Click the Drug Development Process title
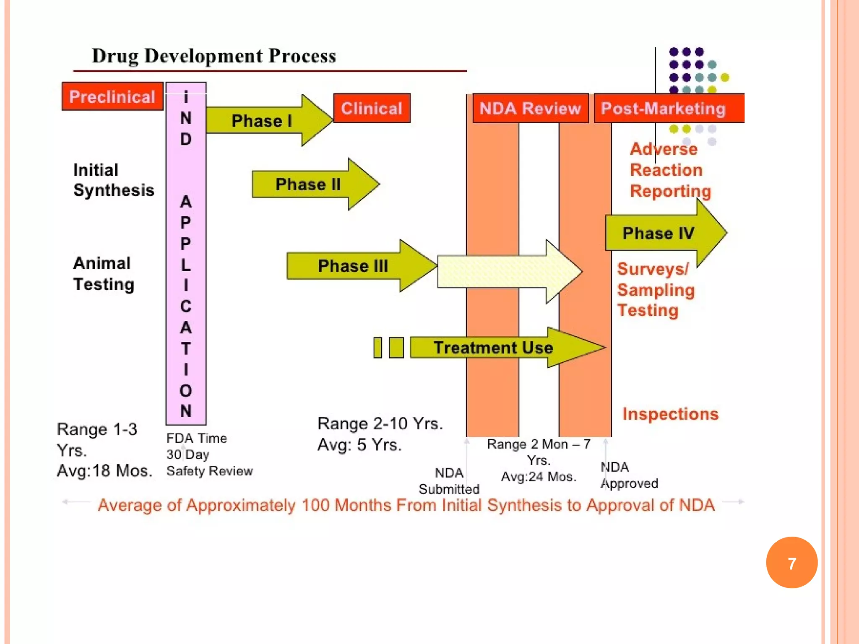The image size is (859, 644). [214, 56]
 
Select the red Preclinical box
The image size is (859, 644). [112, 97]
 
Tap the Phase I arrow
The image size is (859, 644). [262, 121]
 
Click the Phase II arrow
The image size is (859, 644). [308, 184]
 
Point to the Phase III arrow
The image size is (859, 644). [353, 266]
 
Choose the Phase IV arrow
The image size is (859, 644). [659, 233]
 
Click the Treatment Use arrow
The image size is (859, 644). [493, 348]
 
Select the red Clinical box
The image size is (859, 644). [372, 109]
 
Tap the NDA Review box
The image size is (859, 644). [530, 109]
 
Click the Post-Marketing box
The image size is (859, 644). [664, 109]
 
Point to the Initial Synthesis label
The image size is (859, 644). [114, 180]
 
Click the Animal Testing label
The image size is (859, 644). [104, 274]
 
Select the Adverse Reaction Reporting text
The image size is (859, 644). [670, 170]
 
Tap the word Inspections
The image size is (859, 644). [670, 414]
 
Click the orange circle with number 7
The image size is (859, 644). [791, 563]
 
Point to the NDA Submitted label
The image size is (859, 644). [449, 481]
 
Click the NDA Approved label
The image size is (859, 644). [629, 475]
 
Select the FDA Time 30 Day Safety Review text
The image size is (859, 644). [209, 455]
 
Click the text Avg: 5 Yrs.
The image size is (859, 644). [359, 445]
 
